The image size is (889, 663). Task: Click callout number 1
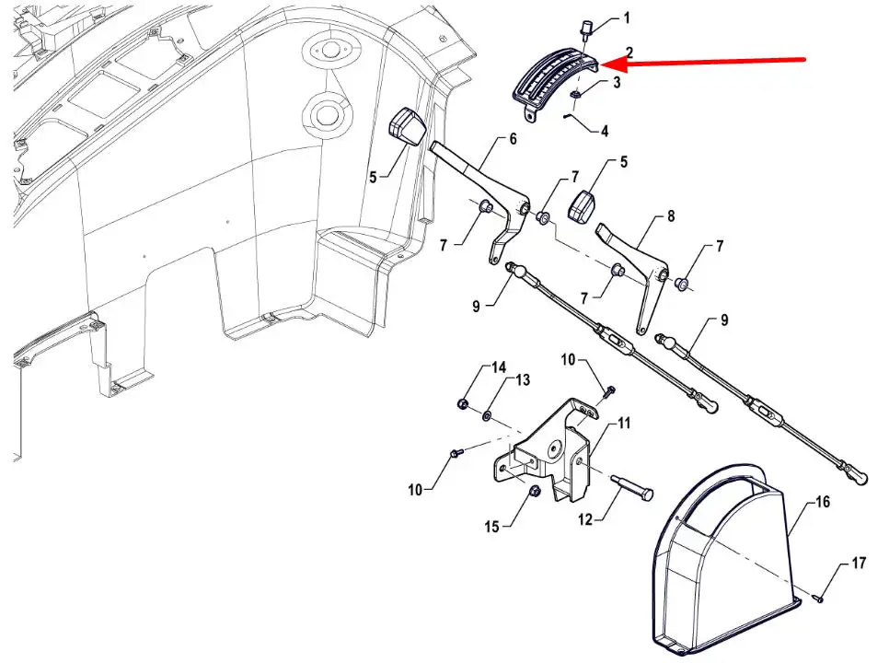(628, 17)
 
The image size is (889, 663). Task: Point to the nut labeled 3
(575, 95)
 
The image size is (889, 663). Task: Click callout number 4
(605, 132)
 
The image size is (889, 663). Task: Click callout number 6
(513, 140)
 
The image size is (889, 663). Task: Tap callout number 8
(670, 217)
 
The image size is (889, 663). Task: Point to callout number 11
(625, 424)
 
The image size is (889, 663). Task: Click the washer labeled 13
(487, 417)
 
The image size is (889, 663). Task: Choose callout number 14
(499, 367)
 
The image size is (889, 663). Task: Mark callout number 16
(822, 502)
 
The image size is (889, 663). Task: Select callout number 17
(858, 564)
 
